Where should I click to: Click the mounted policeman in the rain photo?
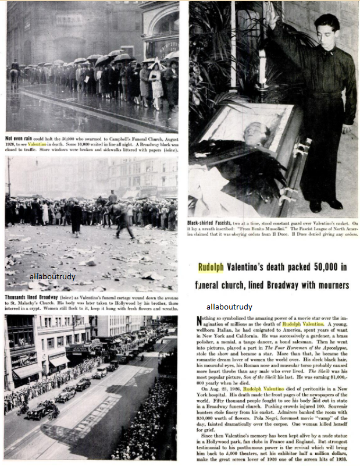tap(15, 73)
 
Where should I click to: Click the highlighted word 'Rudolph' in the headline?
tap(215, 268)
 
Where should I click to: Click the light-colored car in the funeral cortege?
tap(102, 371)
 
